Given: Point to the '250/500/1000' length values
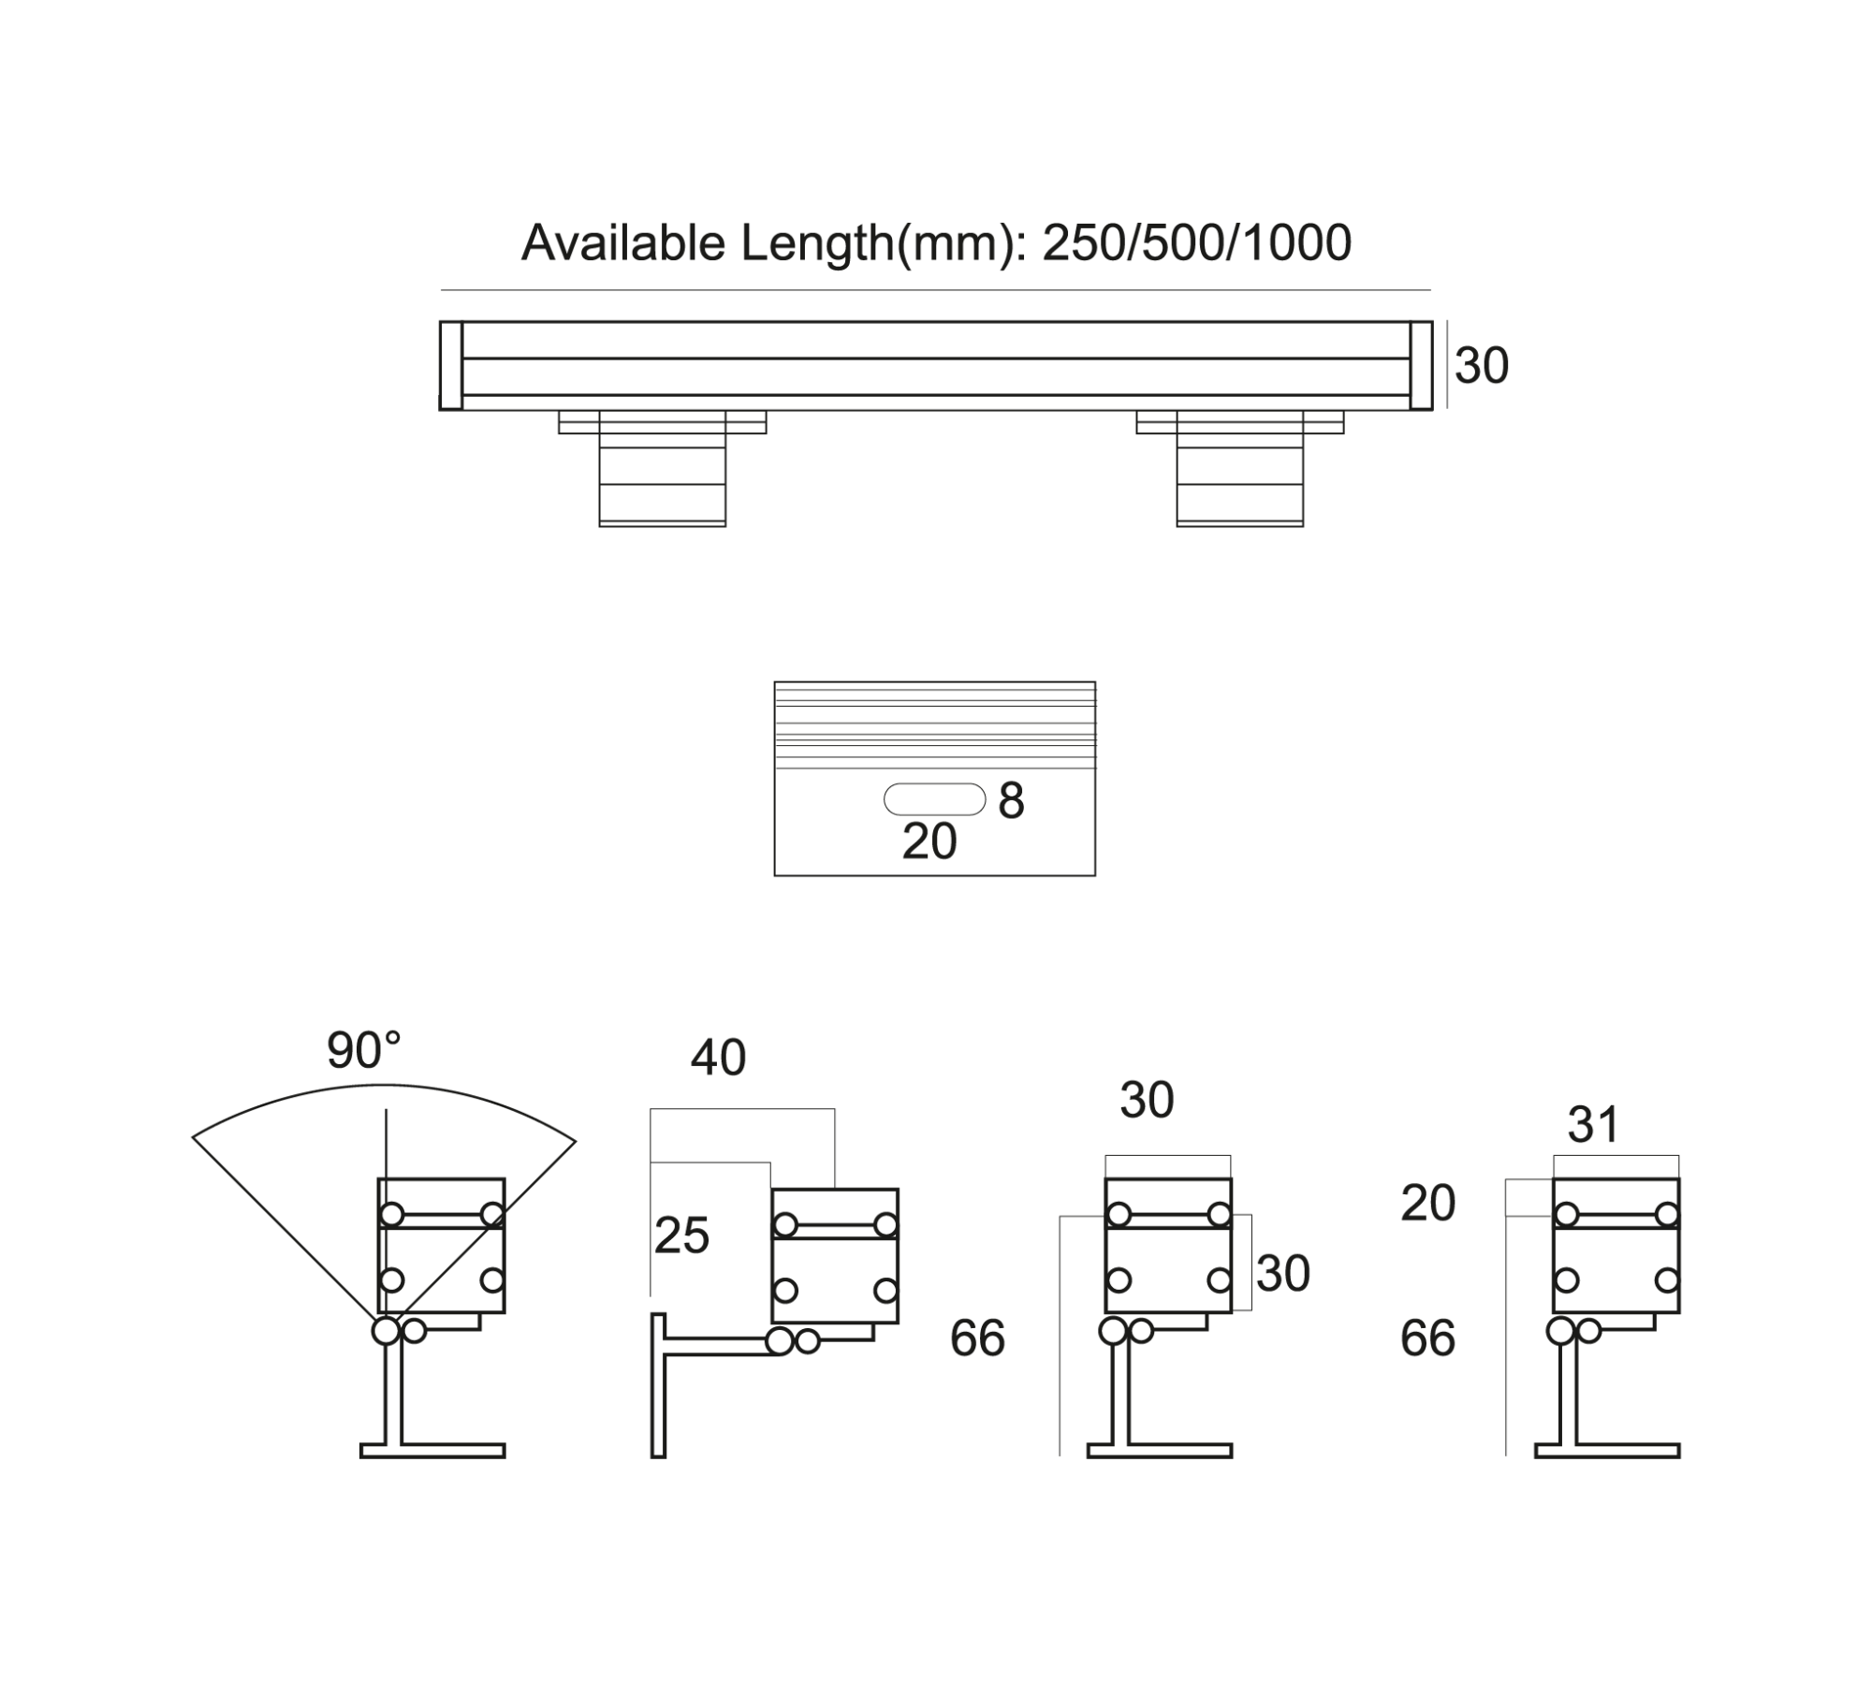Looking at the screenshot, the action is coord(1197,243).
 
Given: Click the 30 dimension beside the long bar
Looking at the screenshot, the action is coord(1482,365).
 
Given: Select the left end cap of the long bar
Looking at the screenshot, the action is coord(451,366).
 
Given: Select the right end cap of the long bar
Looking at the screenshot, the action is coord(1421,366).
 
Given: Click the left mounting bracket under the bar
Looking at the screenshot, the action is coord(663,468).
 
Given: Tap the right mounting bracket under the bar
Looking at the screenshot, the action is coord(1240,468).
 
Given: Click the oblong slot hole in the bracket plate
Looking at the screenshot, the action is coord(935,799).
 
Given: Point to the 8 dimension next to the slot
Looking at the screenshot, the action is coord(1012,801).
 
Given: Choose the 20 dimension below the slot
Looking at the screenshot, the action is coord(929,841).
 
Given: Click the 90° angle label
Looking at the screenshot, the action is coord(363,1050).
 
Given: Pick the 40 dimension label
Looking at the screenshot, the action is coord(718,1058).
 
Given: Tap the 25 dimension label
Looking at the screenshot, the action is coord(681,1235).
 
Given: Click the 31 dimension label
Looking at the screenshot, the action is coord(1593,1124).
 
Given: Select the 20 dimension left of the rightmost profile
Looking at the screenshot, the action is coord(1428,1203).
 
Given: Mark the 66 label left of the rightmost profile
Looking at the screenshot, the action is coord(1428,1338).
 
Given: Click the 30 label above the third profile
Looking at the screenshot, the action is coord(1147,1100).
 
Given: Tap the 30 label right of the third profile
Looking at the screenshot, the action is coord(1282,1273).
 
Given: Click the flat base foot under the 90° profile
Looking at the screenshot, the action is coord(432,1451).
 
